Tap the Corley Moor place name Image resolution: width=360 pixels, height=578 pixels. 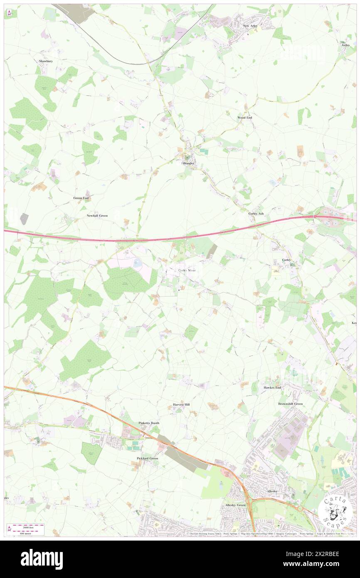point(187,270)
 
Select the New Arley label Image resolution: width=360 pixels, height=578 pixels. point(250,26)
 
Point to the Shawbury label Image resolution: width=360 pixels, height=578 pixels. point(46,61)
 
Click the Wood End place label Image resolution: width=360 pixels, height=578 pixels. point(244,118)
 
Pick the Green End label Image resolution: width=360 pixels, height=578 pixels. point(81,198)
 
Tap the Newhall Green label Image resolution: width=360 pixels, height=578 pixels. point(97,216)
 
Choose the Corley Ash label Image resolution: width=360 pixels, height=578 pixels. point(256,213)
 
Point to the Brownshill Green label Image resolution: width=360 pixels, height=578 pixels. point(290,404)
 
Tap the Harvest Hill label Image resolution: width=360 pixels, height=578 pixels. point(181,404)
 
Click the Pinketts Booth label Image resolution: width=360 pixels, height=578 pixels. point(148,423)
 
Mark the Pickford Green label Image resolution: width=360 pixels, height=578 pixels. point(147,458)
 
